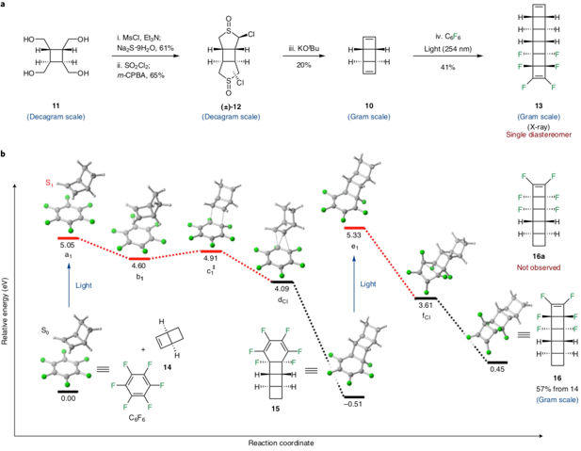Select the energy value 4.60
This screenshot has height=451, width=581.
[139, 266]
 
